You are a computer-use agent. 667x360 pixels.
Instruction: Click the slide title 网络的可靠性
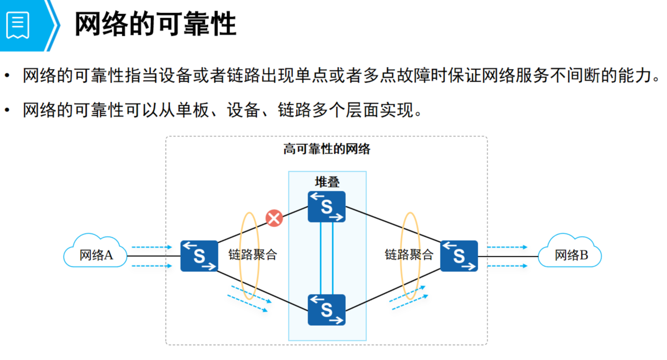tap(155, 24)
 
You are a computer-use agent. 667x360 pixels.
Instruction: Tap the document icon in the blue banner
tap(18, 24)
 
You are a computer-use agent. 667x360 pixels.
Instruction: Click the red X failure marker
tap(274, 218)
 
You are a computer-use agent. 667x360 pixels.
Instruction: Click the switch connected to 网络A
tap(199, 256)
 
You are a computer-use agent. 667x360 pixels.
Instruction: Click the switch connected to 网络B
tap(459, 256)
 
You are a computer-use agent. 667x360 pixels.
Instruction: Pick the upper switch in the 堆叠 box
tap(327, 206)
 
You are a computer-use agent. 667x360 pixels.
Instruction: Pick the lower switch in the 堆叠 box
tap(327, 310)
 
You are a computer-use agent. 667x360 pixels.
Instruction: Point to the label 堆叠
tap(327, 182)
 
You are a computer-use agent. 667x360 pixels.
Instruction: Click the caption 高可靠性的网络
tap(327, 149)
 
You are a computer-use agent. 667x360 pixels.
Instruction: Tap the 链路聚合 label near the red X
tap(252, 255)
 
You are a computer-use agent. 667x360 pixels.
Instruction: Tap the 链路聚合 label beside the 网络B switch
tap(409, 255)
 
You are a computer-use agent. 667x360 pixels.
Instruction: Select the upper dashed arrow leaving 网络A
tap(151, 247)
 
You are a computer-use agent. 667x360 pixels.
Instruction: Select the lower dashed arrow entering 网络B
tap(507, 265)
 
